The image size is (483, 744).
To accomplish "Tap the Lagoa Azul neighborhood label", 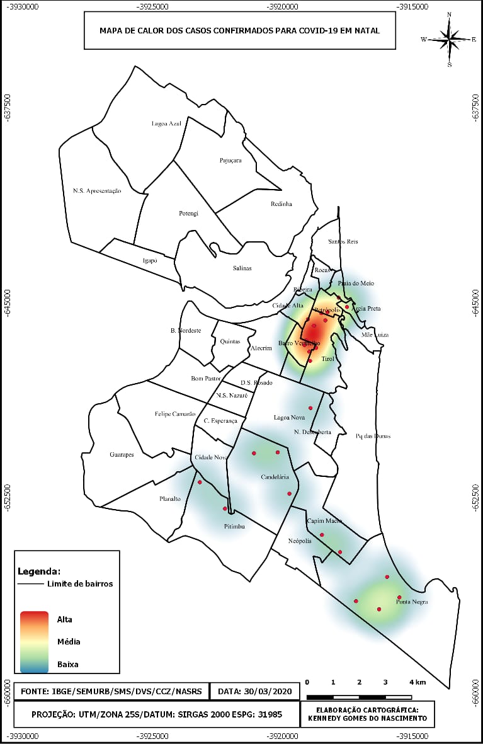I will click(x=166, y=123).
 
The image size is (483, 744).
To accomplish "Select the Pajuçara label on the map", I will click(x=230, y=161).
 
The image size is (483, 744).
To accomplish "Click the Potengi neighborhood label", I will click(x=188, y=214).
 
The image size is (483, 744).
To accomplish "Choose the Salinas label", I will click(x=242, y=268).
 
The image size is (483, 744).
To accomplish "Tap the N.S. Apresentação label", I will click(x=97, y=190).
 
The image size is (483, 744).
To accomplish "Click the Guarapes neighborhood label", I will click(x=122, y=454).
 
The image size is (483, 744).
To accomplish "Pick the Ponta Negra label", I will click(x=412, y=602).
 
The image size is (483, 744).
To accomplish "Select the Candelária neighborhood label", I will click(x=275, y=478).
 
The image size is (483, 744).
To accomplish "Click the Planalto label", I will click(x=169, y=499).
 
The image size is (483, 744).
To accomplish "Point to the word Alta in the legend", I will click(x=65, y=620).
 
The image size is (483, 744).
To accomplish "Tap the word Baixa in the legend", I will click(x=68, y=664).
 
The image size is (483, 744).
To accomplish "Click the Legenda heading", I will click(x=39, y=572).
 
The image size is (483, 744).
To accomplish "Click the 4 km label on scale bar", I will click(x=417, y=682).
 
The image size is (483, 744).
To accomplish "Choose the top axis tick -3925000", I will click(x=153, y=6).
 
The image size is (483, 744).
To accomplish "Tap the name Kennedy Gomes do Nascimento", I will click(x=368, y=718).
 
